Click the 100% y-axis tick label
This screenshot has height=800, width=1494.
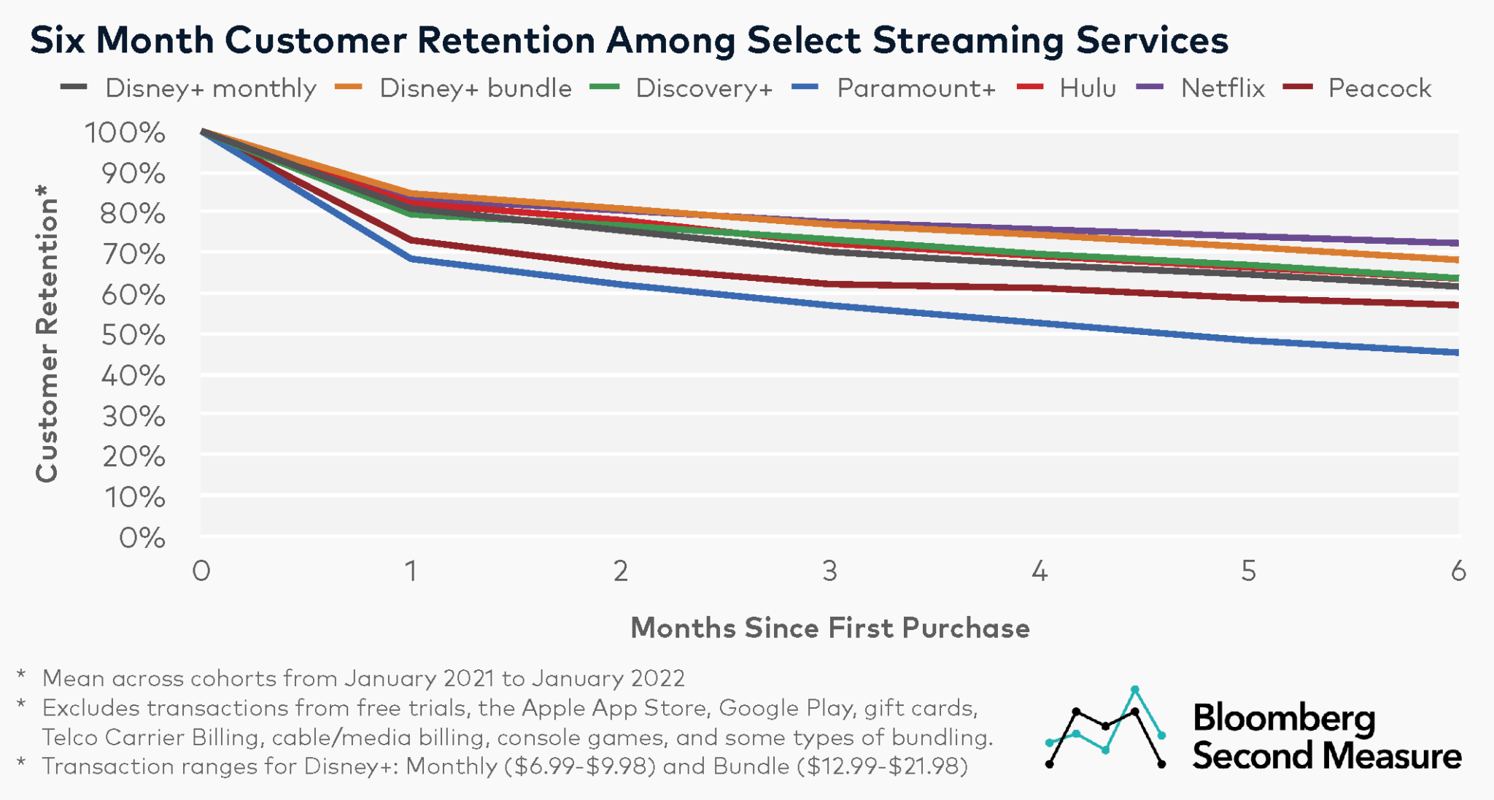coord(125,133)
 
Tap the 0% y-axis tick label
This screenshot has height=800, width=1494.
coord(142,538)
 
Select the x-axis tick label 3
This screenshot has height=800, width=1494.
coord(830,571)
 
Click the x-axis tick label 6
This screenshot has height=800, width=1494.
coord(1458,571)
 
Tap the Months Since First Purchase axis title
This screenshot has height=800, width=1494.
coord(830,628)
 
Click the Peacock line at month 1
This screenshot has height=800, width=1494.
coord(411,239)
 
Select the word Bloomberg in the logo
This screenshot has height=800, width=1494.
coord(1284,718)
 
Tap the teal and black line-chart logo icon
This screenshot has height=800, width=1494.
coord(1105,728)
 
